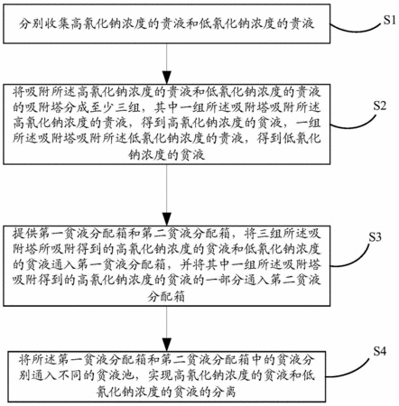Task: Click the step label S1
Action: tap(389, 20)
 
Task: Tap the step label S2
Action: tap(379, 106)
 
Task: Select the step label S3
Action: tap(376, 237)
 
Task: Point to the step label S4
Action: tap(379, 351)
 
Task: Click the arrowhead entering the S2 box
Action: tap(167, 78)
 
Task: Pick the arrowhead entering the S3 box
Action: tap(167, 218)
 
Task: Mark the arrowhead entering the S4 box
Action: tap(167, 345)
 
